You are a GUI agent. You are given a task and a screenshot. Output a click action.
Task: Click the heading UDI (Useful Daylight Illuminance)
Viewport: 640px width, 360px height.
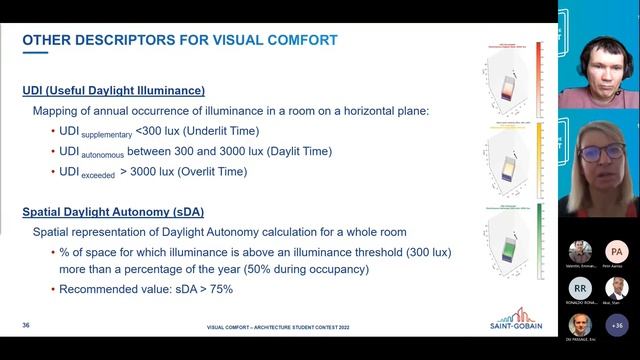point(113,91)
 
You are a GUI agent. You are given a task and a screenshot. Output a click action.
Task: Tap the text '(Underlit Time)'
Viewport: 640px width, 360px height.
point(224,131)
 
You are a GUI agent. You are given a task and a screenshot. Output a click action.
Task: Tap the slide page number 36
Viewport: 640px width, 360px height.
point(26,326)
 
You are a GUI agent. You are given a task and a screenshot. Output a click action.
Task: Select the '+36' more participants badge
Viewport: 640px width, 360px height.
point(616,325)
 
